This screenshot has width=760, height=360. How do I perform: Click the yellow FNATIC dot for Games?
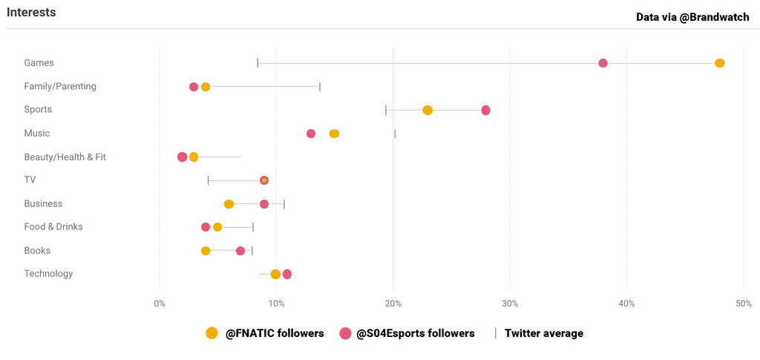(x=719, y=63)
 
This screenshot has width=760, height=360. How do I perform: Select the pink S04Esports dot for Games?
(x=603, y=63)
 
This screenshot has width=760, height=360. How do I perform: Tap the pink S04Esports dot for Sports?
(x=485, y=110)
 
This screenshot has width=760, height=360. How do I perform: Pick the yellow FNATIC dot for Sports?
(x=427, y=110)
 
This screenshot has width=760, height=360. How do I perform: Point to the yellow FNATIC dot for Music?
(x=334, y=134)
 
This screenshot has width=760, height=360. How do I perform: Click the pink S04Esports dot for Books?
(x=240, y=251)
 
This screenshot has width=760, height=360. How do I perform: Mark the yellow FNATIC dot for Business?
(x=229, y=204)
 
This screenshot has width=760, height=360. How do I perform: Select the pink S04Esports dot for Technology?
(x=287, y=274)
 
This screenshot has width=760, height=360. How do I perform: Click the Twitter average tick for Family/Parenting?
(x=320, y=87)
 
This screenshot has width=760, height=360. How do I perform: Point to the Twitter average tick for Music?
(x=395, y=134)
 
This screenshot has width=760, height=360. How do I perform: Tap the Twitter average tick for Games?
(x=258, y=63)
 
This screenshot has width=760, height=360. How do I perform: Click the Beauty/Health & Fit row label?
(x=65, y=157)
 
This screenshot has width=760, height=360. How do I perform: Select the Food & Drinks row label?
(x=53, y=226)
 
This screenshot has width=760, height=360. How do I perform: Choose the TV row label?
(x=30, y=180)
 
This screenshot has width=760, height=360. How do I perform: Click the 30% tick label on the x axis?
(x=510, y=304)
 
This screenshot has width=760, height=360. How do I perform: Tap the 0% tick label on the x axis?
(x=160, y=304)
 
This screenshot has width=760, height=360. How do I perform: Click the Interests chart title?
(x=31, y=13)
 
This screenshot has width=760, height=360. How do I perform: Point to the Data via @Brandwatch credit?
(x=692, y=17)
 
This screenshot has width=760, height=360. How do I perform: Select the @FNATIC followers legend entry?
(x=265, y=333)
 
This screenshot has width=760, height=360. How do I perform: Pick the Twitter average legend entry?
(x=540, y=333)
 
